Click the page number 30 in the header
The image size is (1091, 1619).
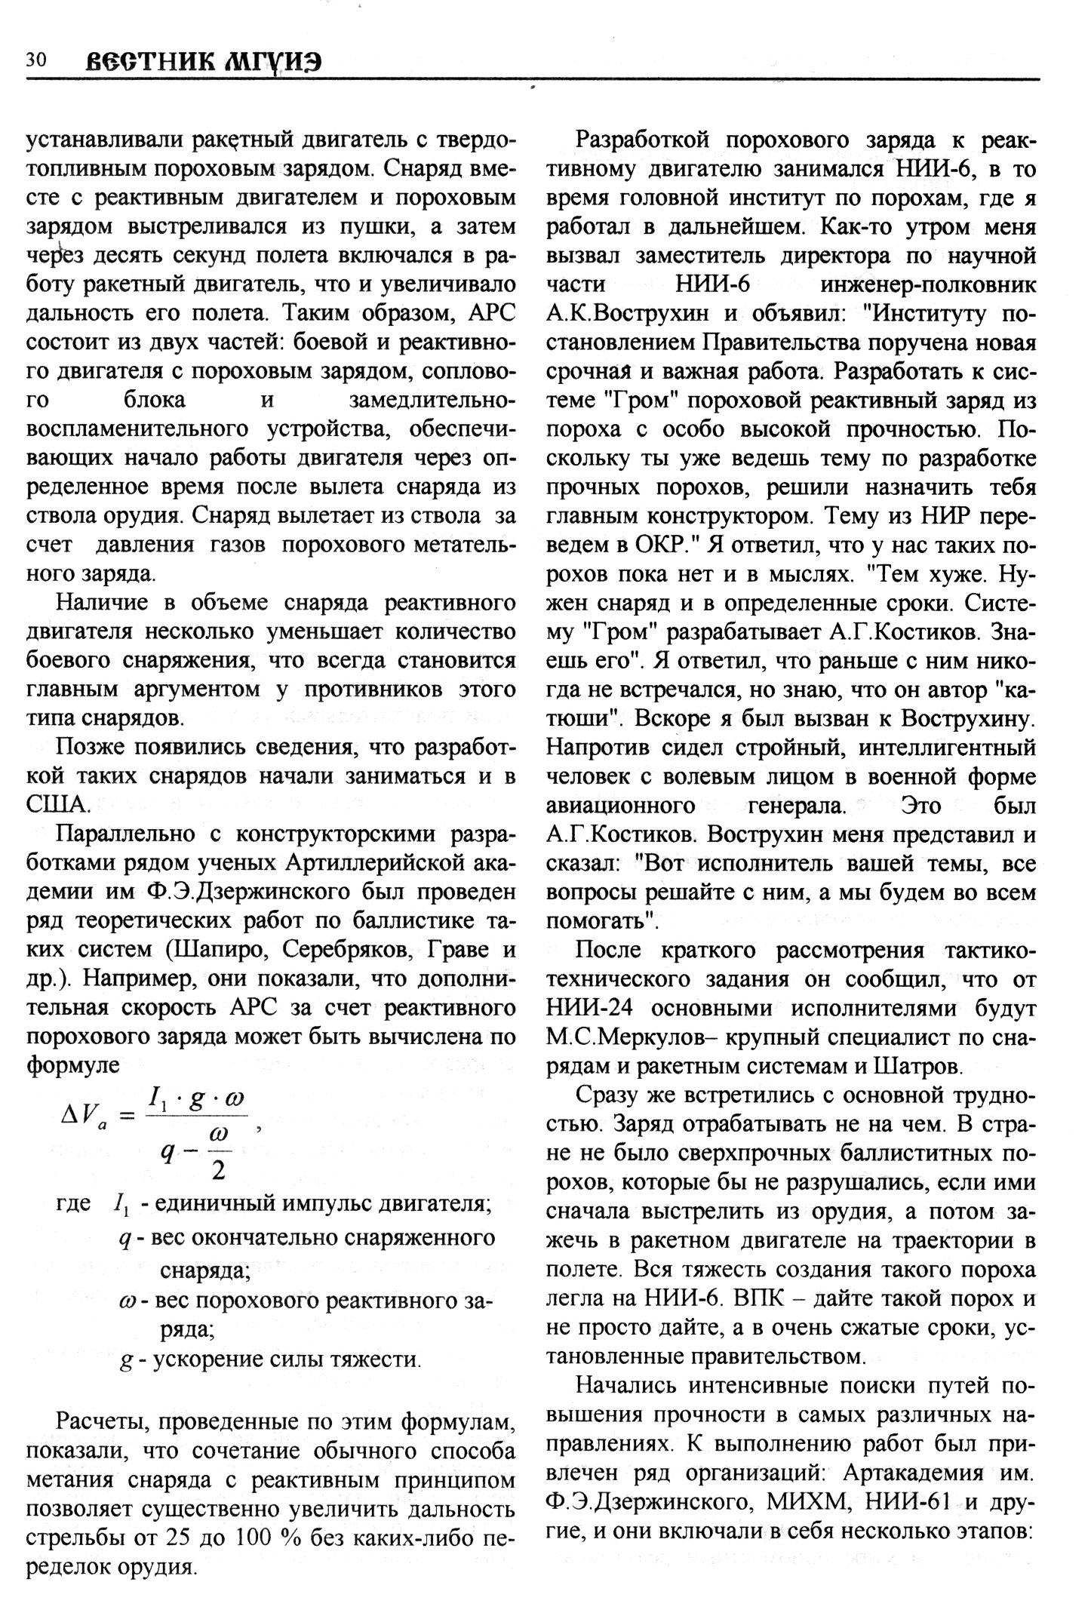point(36,61)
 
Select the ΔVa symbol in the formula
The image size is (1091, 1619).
point(85,1116)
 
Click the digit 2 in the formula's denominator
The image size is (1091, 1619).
point(220,1170)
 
